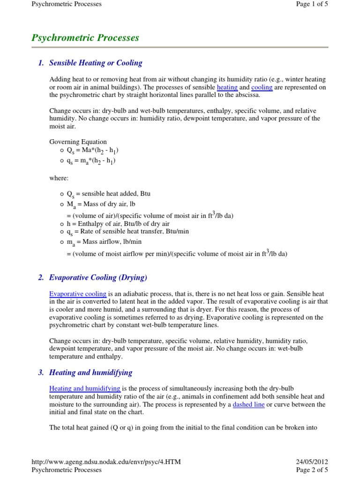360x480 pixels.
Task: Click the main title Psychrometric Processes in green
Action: (x=85, y=38)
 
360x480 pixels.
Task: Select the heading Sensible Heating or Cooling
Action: (x=96, y=63)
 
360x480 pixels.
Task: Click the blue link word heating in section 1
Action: (x=227, y=87)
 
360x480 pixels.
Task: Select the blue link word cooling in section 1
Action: (x=262, y=87)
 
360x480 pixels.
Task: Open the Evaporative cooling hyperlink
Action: (x=78, y=294)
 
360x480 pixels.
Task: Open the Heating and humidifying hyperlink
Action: (x=85, y=389)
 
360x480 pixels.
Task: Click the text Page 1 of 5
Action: (x=312, y=4)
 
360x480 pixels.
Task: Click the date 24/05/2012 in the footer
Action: (x=312, y=462)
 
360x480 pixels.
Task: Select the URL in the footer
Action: (x=105, y=462)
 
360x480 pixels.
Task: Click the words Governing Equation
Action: (x=78, y=142)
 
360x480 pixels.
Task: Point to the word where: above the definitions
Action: (x=59, y=178)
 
